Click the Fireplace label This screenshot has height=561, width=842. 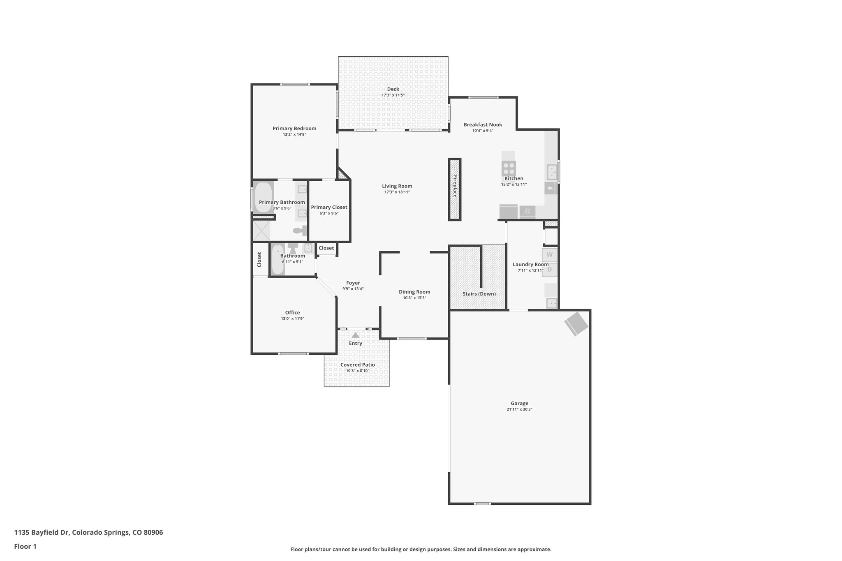(x=455, y=186)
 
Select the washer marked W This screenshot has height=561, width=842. (x=550, y=255)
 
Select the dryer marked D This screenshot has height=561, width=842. (x=550, y=270)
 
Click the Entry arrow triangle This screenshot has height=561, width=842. (x=356, y=335)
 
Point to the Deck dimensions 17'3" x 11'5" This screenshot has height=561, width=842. (x=393, y=95)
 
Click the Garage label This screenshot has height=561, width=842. (x=519, y=403)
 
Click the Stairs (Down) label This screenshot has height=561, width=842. (x=479, y=294)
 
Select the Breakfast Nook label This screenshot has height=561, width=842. (x=483, y=125)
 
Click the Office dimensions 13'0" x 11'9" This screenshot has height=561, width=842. (x=292, y=319)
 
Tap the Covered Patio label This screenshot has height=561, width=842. (x=357, y=365)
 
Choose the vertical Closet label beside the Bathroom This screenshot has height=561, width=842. (x=259, y=259)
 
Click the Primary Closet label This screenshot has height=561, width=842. (x=329, y=207)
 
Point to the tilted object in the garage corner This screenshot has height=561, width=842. (x=576, y=324)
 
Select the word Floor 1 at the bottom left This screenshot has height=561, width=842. (x=25, y=546)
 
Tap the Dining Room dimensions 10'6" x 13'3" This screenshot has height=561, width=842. (x=414, y=298)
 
